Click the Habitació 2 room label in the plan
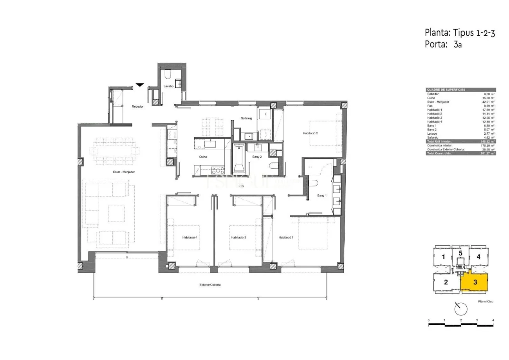310,133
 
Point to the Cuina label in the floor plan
203,157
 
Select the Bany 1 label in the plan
322,195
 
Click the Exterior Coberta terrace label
210,285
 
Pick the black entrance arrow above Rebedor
140,85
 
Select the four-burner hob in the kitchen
218,170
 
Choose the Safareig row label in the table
433,137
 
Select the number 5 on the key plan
460,253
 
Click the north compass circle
461,309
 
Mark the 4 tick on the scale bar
493,320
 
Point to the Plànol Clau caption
486,301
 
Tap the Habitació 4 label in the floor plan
190,237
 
